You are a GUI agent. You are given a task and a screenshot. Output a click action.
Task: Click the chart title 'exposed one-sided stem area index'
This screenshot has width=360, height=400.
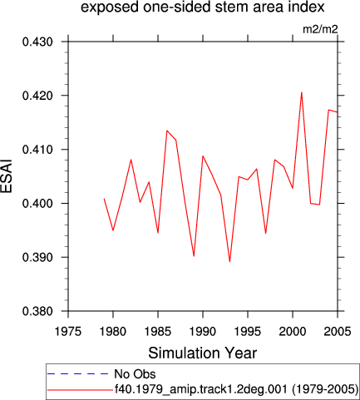[x=203, y=7]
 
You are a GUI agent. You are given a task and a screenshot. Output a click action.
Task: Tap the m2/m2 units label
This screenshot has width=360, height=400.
[x=320, y=29]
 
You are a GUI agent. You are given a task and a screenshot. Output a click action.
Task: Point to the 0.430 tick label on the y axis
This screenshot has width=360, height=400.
[x=37, y=42]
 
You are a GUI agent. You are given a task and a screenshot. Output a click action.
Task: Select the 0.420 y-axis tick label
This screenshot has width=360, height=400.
[x=37, y=96]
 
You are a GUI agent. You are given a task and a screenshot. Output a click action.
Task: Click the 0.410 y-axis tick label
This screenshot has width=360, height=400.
[x=37, y=150]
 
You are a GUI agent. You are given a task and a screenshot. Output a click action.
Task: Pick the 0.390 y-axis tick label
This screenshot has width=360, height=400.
[x=37, y=258]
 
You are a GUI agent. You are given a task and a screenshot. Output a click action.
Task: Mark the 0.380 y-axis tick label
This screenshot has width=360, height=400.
[x=37, y=311]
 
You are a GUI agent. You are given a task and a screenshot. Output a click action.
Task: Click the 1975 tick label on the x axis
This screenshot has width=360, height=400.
[x=68, y=332]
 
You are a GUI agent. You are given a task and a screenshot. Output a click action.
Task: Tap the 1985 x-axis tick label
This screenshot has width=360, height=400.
[x=158, y=332]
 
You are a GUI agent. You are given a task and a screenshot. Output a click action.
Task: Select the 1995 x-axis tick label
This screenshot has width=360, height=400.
[x=248, y=332]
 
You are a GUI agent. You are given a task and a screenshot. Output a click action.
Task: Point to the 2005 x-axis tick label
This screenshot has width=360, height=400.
[x=338, y=332]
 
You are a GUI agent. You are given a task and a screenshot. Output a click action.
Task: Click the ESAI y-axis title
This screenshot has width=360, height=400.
[x=6, y=176]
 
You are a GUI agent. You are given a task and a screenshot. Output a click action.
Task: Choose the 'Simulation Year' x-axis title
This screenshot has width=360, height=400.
[x=203, y=353]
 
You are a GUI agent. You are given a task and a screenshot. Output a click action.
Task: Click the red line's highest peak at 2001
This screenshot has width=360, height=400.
[x=302, y=92]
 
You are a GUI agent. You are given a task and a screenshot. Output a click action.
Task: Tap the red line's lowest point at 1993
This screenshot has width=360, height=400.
[x=229, y=261]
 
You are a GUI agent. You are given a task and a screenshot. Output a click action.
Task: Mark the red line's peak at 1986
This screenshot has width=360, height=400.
[x=167, y=131]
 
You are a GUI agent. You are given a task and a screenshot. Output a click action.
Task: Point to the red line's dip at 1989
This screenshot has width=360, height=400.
[x=194, y=256]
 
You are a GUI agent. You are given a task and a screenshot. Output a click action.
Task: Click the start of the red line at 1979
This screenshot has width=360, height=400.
[x=104, y=199]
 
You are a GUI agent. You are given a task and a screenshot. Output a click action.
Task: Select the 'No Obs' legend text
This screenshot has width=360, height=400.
[x=135, y=374]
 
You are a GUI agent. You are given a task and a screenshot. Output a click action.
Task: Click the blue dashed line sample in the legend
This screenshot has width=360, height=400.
[x=78, y=374]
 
